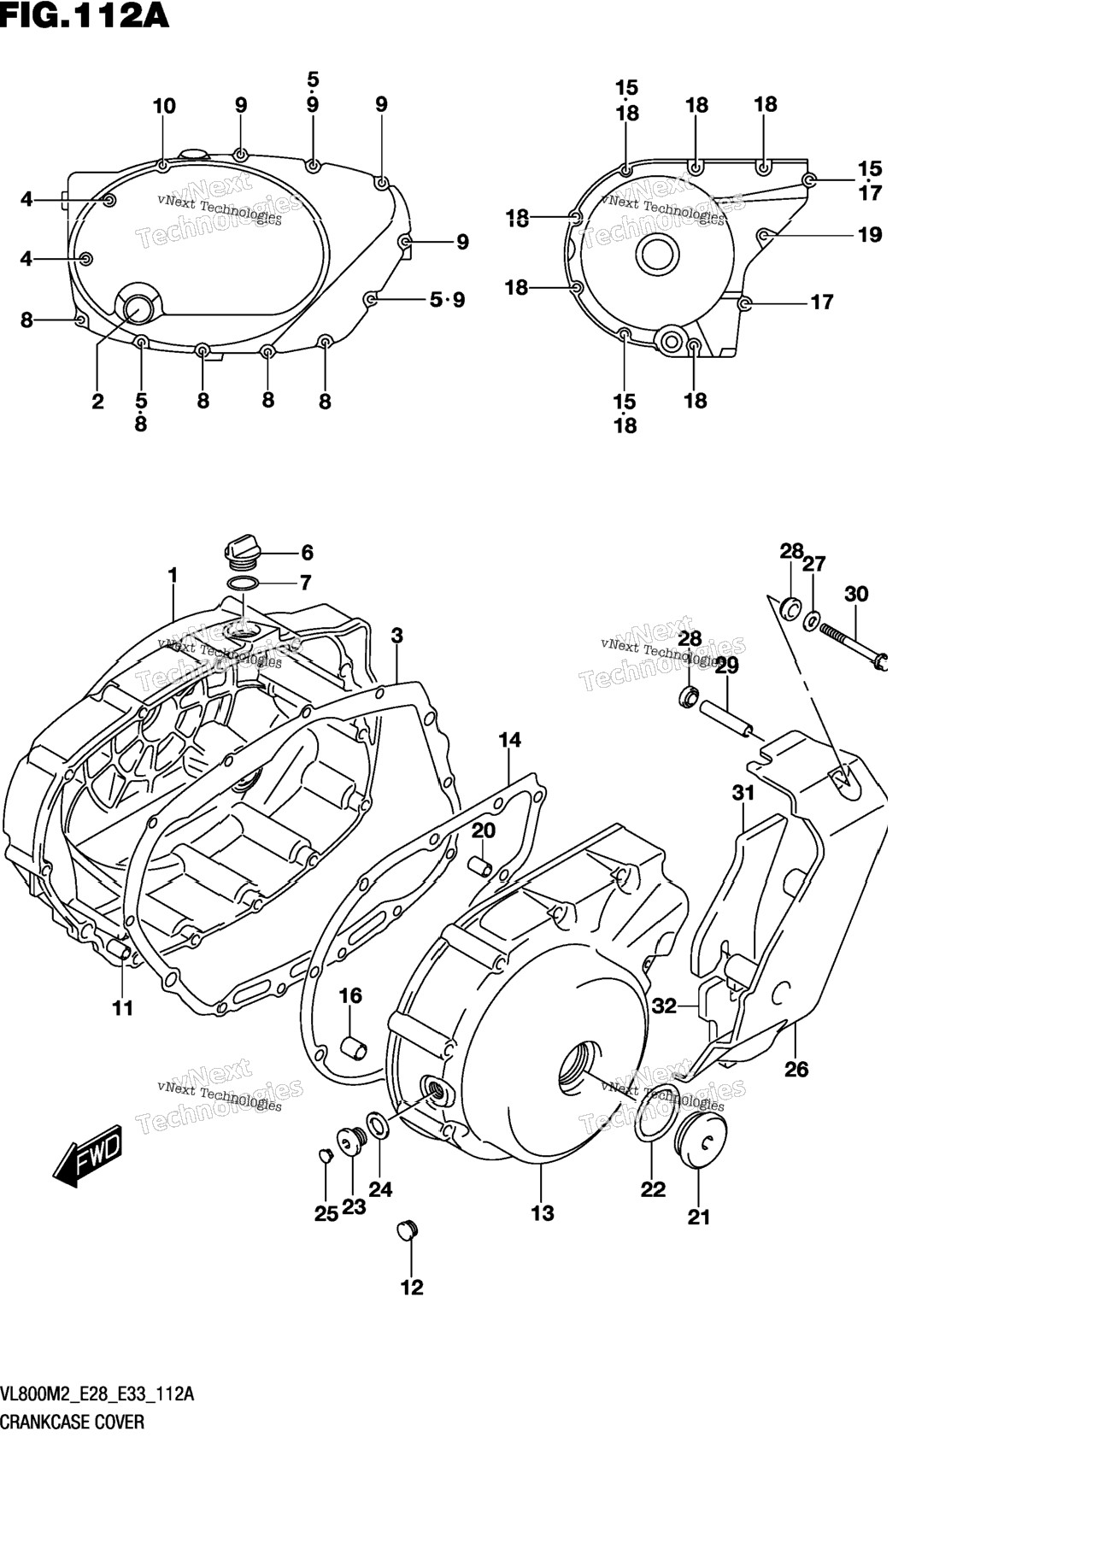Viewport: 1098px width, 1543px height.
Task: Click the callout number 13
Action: (543, 1212)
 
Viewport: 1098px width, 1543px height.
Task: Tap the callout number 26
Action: (796, 1069)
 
